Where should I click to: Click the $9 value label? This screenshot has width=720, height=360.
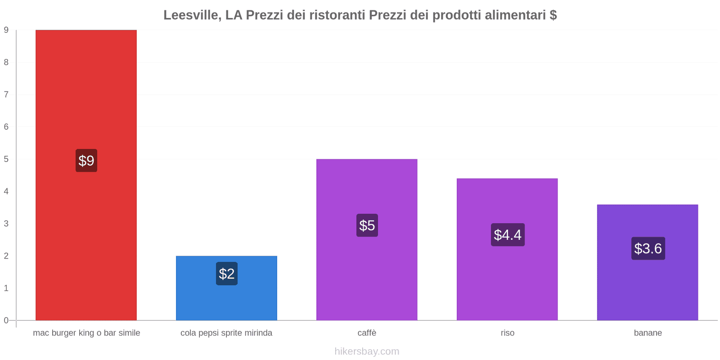click(x=86, y=161)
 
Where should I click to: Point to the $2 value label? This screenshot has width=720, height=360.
click(x=227, y=274)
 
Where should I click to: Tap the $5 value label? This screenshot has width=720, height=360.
click(x=367, y=225)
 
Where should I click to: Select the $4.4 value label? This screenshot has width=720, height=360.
click(x=508, y=235)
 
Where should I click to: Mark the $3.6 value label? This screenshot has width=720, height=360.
click(x=648, y=248)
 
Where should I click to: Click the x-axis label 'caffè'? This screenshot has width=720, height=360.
click(x=367, y=333)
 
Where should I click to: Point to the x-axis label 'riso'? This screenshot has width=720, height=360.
click(x=507, y=333)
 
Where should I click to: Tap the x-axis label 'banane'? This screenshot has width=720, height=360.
click(x=648, y=333)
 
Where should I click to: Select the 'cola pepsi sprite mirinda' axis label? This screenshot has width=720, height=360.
click(x=226, y=333)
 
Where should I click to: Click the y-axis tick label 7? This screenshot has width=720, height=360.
click(x=6, y=94)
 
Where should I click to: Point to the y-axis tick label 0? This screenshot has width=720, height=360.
click(x=6, y=320)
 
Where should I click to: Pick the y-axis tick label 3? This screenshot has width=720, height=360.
click(x=6, y=224)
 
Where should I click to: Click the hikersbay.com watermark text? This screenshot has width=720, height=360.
click(x=367, y=351)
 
